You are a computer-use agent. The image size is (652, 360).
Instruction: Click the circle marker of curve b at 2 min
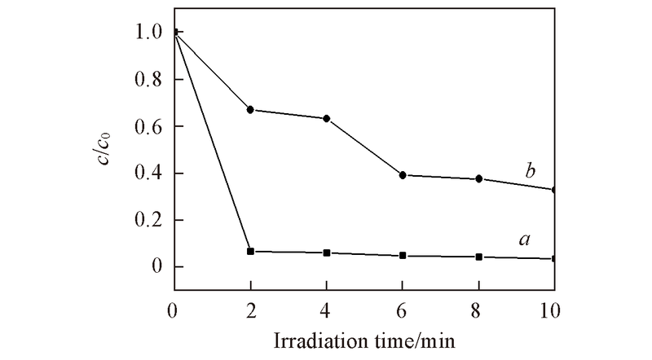click(x=250, y=110)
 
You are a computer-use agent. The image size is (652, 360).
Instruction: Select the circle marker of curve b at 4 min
click(x=327, y=119)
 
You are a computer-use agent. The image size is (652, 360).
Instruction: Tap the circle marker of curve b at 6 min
click(x=403, y=175)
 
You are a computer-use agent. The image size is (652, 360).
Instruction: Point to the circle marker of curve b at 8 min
click(x=479, y=178)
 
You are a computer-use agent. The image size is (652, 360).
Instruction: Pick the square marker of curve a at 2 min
click(x=250, y=252)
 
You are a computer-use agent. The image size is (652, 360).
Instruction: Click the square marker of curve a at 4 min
click(x=327, y=253)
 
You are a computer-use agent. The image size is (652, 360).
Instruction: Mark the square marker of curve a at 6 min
click(x=403, y=256)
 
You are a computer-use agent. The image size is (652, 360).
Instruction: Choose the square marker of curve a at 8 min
click(x=479, y=257)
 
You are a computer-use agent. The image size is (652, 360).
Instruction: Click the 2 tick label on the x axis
click(x=250, y=309)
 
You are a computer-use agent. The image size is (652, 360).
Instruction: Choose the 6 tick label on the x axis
click(x=403, y=309)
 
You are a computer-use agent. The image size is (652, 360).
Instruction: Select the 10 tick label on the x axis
click(x=554, y=309)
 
